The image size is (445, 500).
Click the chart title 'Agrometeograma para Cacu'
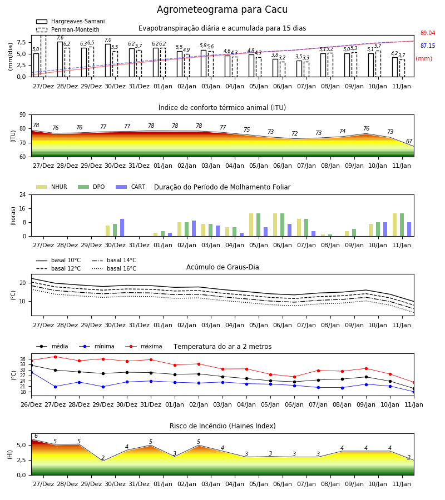222,9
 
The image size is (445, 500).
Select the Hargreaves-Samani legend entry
70,21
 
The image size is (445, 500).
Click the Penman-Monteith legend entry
68,29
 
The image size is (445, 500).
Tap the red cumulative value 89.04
428,33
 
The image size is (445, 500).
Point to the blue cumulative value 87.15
428,46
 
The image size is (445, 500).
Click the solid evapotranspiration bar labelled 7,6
60,59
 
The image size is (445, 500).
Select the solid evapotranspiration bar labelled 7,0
108,61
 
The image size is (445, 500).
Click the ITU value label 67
409,141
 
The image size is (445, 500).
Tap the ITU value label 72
294,133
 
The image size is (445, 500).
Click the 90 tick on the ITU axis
22,115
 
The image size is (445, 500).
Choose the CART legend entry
130,187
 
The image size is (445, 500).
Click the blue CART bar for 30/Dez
122,228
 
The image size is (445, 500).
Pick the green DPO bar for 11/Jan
402,225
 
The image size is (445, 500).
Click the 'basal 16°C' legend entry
114,268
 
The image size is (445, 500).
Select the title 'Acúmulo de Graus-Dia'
222,267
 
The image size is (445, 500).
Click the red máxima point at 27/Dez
55,357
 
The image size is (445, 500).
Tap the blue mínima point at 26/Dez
31,372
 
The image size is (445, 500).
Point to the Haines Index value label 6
36,436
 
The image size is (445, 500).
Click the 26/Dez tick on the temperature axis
31,404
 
